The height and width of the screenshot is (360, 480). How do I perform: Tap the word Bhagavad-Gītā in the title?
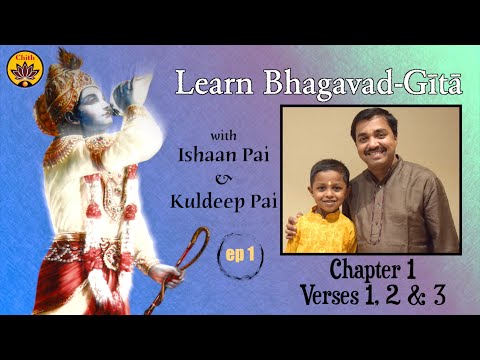click(x=355, y=83)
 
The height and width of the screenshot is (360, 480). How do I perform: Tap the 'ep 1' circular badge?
click(x=240, y=254)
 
